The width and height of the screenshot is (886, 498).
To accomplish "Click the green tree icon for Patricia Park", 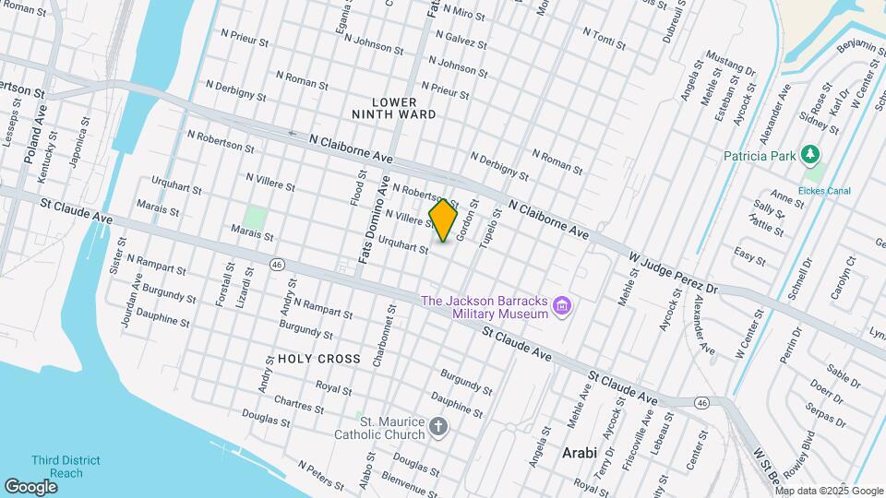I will (x=811, y=154).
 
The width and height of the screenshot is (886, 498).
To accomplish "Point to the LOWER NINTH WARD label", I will (x=394, y=107).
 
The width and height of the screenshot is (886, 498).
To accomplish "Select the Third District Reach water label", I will (x=66, y=467).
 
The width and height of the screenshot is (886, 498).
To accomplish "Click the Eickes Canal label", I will (x=825, y=191).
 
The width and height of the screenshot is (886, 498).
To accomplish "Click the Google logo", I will (x=30, y=486).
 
